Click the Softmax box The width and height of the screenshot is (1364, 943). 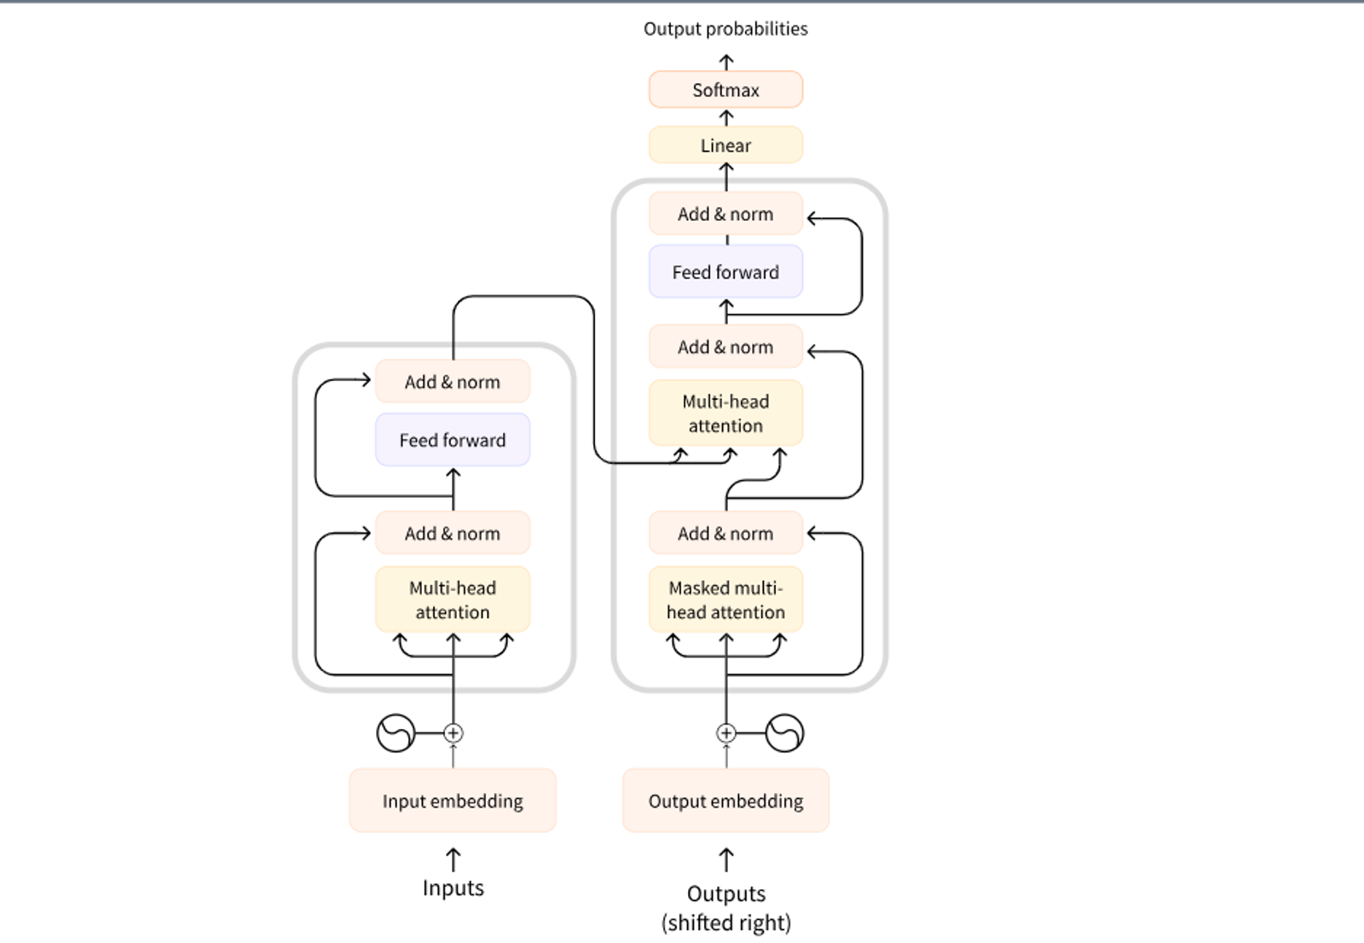(x=725, y=90)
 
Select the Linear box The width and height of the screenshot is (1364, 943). (x=725, y=145)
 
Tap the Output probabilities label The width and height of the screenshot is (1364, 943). (x=725, y=29)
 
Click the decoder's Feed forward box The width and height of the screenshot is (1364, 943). (x=725, y=272)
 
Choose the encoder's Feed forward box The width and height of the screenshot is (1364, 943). (x=453, y=440)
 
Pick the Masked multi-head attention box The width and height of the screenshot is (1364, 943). (x=725, y=599)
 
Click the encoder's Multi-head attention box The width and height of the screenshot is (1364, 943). (x=453, y=599)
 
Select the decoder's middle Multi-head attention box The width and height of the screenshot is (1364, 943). (x=725, y=413)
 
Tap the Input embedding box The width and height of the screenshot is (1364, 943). (x=453, y=801)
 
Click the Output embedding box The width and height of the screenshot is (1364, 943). (x=725, y=801)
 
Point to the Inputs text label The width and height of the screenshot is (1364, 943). (x=453, y=888)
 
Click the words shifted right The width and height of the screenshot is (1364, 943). (x=726, y=923)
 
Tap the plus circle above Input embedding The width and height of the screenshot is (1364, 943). (x=454, y=732)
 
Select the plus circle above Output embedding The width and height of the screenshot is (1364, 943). (x=726, y=732)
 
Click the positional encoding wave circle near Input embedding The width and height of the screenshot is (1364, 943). (x=396, y=732)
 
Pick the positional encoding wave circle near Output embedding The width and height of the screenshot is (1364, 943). (x=784, y=732)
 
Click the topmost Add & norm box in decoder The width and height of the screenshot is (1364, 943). (x=725, y=214)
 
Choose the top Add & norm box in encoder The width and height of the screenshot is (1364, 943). (x=453, y=382)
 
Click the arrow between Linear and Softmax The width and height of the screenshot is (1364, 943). (x=726, y=118)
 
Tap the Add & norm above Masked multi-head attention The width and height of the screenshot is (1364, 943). (x=725, y=533)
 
